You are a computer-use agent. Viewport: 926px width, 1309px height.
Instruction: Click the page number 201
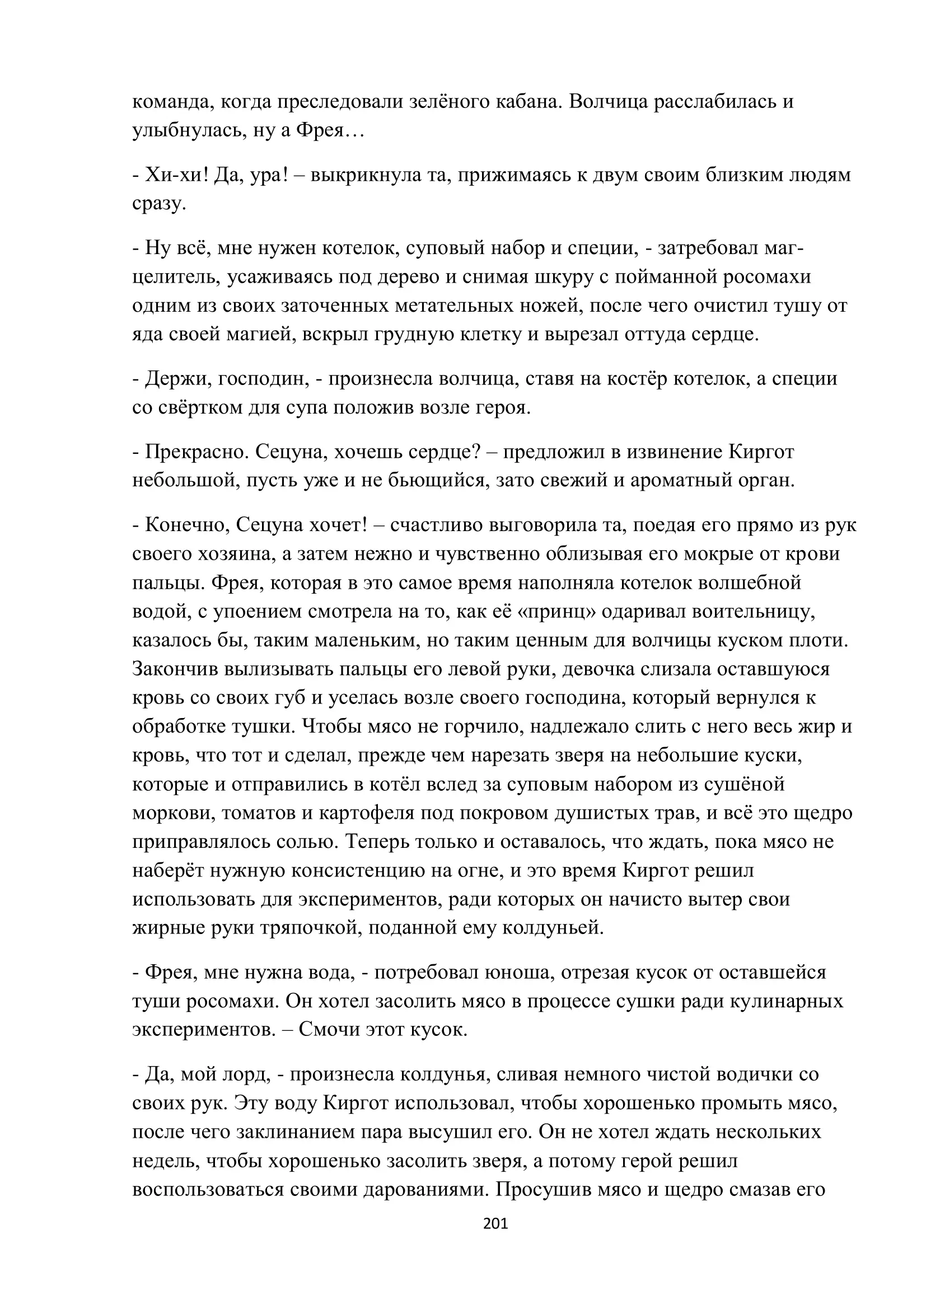click(x=495, y=1223)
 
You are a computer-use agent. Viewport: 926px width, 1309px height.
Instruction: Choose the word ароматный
click(x=685, y=481)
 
